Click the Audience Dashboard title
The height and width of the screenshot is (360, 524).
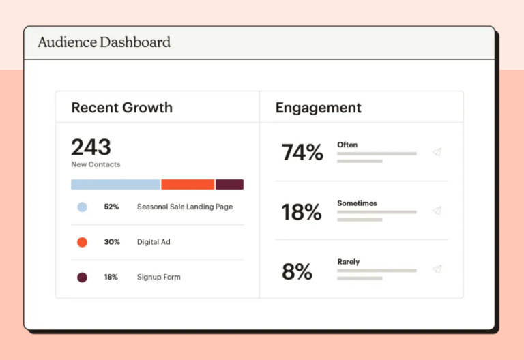click(104, 42)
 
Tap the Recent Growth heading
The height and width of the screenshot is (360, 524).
click(121, 108)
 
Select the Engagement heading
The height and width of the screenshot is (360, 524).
click(318, 108)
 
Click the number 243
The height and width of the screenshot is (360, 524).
click(91, 147)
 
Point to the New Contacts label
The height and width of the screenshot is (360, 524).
click(96, 164)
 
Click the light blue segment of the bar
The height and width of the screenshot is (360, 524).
click(115, 184)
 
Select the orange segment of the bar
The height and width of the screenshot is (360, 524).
click(188, 184)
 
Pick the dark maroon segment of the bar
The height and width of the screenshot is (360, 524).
click(230, 184)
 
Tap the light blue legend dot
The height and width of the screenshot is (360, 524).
click(82, 207)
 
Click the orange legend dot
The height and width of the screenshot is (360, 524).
click(82, 242)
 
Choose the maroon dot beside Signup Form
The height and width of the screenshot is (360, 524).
click(82, 277)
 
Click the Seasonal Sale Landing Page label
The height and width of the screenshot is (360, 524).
click(184, 207)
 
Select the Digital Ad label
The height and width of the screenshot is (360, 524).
click(154, 242)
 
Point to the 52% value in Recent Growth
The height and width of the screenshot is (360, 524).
click(111, 207)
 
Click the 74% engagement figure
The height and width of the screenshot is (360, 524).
click(302, 153)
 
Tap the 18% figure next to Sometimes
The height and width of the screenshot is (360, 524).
click(302, 212)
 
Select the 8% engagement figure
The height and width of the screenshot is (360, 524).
click(297, 271)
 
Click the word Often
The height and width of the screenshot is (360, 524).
click(347, 145)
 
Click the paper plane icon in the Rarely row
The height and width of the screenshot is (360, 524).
click(437, 269)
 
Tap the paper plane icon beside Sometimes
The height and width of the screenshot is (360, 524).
click(437, 211)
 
